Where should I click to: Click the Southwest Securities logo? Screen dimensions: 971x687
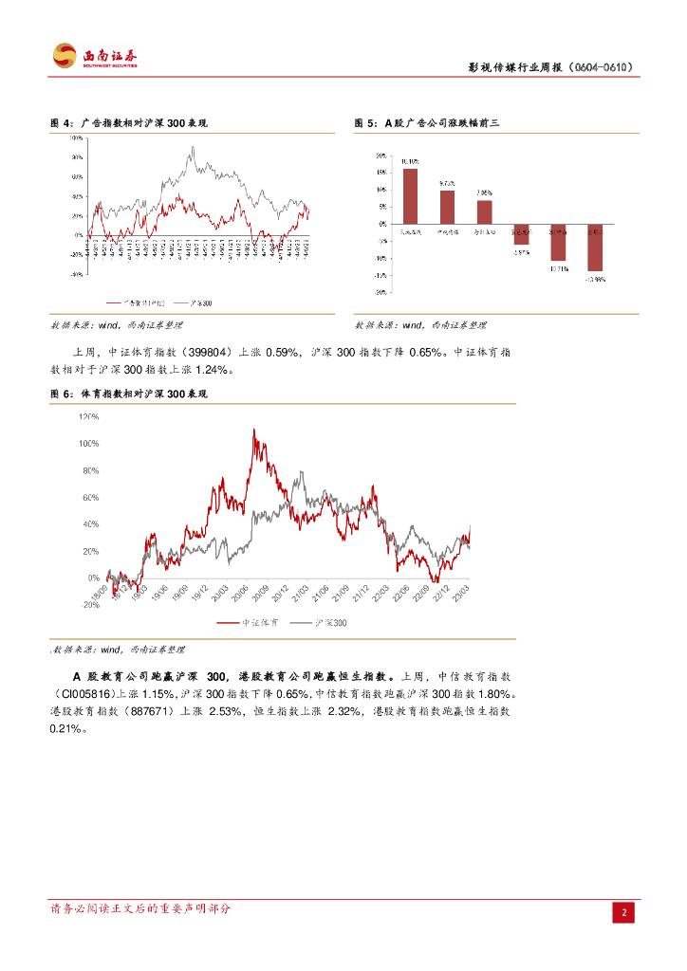click(94, 56)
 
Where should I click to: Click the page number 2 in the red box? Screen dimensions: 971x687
click(624, 912)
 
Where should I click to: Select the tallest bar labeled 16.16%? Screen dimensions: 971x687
click(410, 196)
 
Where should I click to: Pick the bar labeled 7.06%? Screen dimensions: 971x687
click(484, 211)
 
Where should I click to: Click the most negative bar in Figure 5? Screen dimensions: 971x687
click(595, 247)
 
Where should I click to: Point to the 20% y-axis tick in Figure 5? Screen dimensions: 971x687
click(380, 156)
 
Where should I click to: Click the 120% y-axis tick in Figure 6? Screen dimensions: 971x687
click(89, 416)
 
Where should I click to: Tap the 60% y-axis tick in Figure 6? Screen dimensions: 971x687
click(91, 497)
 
